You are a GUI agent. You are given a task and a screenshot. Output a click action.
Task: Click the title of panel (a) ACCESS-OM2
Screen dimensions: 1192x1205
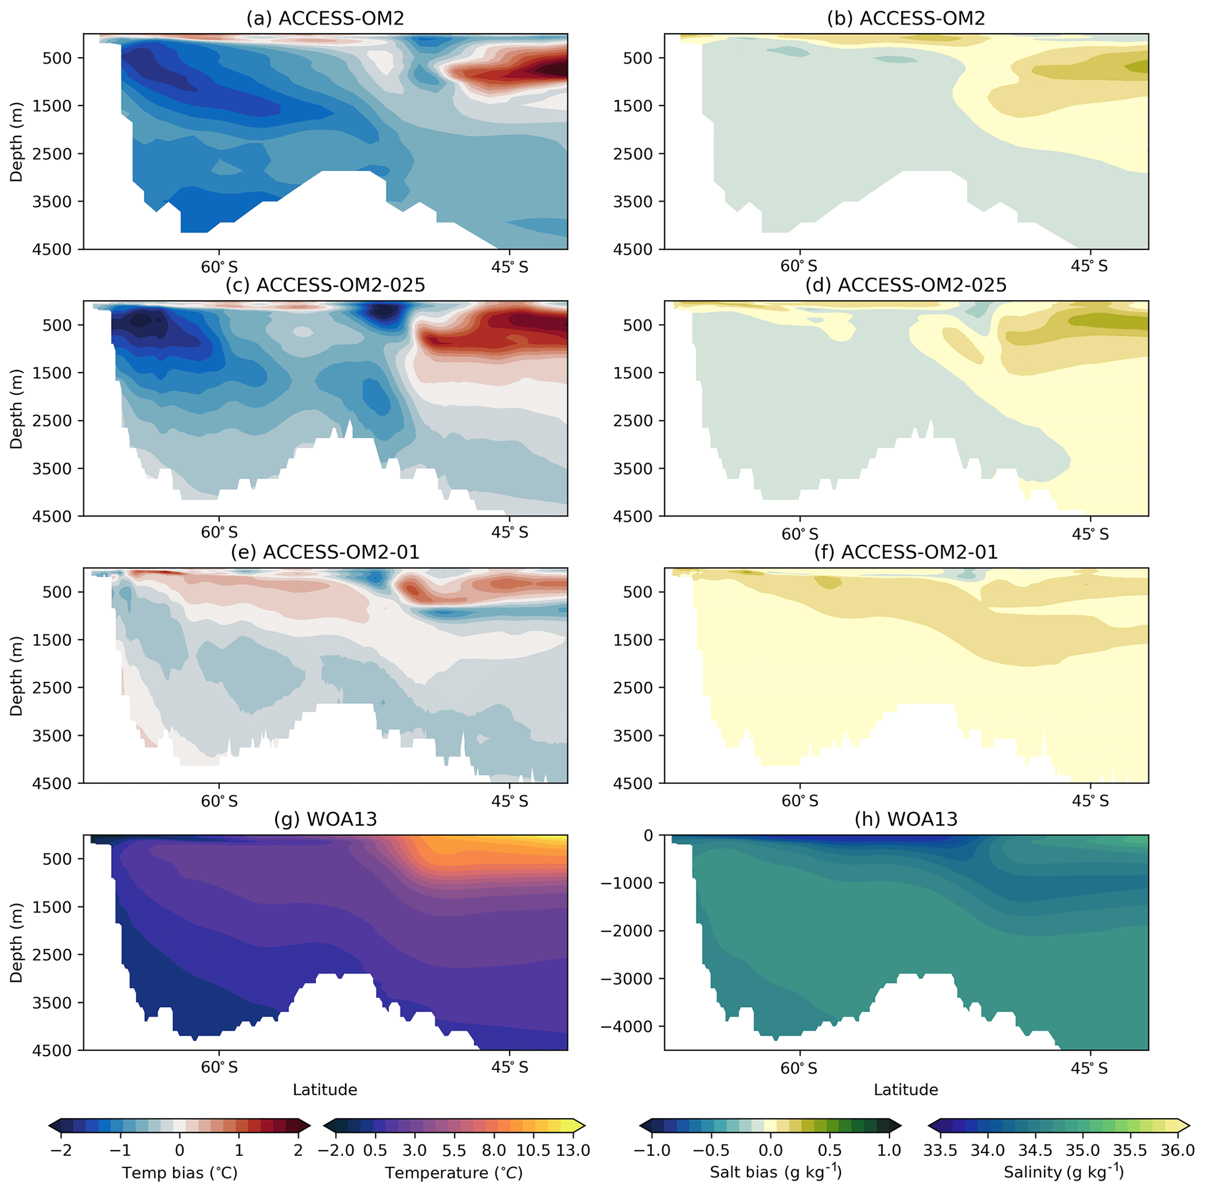click(325, 19)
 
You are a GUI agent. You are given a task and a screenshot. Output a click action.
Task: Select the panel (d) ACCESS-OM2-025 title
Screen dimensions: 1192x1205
click(905, 286)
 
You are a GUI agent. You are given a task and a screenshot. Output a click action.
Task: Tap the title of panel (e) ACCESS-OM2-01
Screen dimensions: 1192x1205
click(325, 553)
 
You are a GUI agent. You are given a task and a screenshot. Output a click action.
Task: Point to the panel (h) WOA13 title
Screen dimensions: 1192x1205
click(905, 819)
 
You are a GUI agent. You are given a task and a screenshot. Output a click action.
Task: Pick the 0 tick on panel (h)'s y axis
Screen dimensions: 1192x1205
click(649, 835)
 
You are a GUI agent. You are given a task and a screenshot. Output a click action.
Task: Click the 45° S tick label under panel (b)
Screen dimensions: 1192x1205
click(1090, 267)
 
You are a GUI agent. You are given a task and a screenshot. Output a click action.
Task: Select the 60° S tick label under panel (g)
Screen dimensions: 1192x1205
click(219, 1067)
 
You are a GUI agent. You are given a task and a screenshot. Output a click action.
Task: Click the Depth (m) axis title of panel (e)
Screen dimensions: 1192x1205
click(17, 676)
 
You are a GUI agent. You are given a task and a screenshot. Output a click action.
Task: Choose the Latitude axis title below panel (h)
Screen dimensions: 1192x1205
click(905, 1090)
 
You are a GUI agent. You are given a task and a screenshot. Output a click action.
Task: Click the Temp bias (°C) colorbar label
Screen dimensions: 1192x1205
click(180, 1173)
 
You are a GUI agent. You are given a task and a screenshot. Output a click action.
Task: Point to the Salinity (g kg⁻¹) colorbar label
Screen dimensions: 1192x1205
click(1064, 1173)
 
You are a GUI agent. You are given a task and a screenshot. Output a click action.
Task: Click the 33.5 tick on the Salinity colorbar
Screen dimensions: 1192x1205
click(940, 1150)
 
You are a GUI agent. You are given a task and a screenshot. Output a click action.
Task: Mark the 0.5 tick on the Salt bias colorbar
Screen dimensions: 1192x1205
click(830, 1150)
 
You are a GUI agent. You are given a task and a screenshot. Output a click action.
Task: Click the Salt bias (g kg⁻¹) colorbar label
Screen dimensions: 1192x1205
click(776, 1173)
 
